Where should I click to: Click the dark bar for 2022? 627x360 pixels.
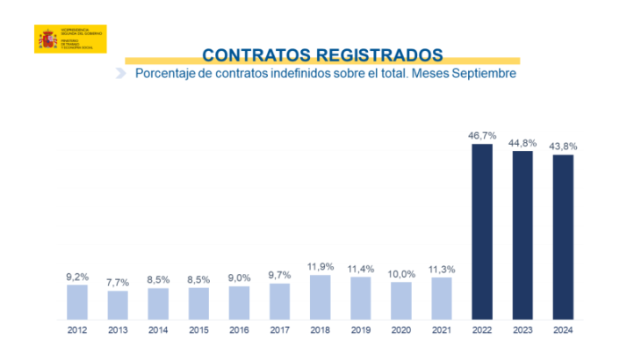pyautogui.click(x=482, y=231)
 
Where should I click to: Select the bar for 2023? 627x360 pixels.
pyautogui.click(x=522, y=234)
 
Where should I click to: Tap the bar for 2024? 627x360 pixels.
pyautogui.click(x=563, y=236)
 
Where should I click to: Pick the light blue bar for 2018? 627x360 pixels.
pyautogui.click(x=321, y=297)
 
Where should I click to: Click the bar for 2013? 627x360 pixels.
pyautogui.click(x=118, y=305)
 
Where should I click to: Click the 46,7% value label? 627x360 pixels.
pyautogui.click(x=482, y=135)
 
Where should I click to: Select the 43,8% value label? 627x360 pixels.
pyautogui.click(x=563, y=146)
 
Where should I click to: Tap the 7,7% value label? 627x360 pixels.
pyautogui.click(x=118, y=283)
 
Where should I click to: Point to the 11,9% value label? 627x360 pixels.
pyautogui.click(x=321, y=266)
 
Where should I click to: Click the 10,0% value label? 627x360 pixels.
pyautogui.click(x=401, y=273)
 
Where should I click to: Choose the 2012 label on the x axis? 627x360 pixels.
pyautogui.click(x=77, y=332)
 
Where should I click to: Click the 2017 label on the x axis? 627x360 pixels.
pyautogui.click(x=280, y=332)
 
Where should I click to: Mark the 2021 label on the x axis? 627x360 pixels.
pyautogui.click(x=442, y=332)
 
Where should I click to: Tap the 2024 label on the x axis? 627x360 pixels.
pyautogui.click(x=563, y=332)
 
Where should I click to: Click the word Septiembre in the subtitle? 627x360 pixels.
pyautogui.click(x=482, y=75)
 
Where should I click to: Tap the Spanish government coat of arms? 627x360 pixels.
pyautogui.click(x=47, y=40)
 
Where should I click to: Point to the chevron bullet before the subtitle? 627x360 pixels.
pyautogui.click(x=121, y=75)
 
